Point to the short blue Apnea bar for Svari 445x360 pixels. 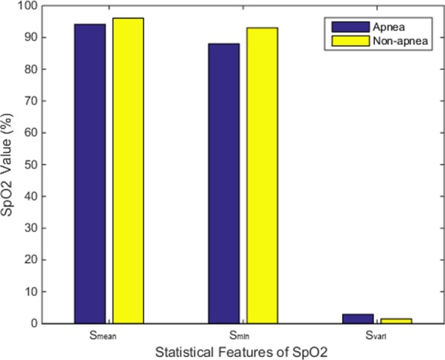pyautogui.click(x=358, y=318)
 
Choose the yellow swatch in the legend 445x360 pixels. pyautogui.click(x=342, y=40)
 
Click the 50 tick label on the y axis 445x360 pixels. pyautogui.click(x=33, y=165)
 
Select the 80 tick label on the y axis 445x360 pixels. pyautogui.click(x=33, y=69)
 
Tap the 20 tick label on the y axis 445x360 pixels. pyautogui.click(x=33, y=260)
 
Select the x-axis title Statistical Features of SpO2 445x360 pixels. pyautogui.click(x=243, y=350)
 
